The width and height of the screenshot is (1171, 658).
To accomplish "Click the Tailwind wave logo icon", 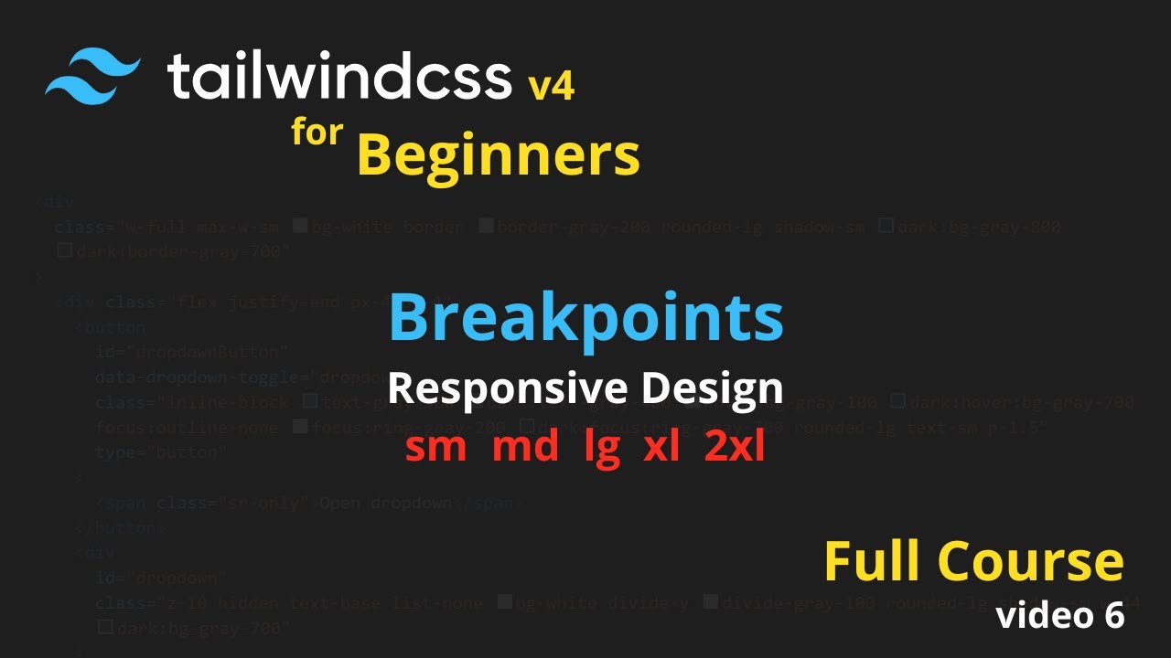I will click(93, 77).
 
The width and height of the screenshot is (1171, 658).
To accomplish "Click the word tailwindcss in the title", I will click(338, 77).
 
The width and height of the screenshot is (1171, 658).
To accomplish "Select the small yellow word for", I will click(317, 133).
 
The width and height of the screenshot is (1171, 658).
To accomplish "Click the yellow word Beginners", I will click(499, 155).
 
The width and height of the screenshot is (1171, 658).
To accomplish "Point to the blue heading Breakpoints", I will click(585, 318).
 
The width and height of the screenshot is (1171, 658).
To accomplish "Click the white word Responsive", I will click(507, 388).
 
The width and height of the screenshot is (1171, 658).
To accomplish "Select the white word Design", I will click(712, 388).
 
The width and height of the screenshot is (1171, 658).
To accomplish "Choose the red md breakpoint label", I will click(525, 448).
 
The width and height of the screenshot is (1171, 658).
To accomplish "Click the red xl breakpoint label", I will click(661, 448).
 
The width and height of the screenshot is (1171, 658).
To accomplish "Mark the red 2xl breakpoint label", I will click(735, 448).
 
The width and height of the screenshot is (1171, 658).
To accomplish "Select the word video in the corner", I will click(1040, 616).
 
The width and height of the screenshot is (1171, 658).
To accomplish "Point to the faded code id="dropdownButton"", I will click(192, 352).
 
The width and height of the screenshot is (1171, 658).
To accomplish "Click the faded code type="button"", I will click(160, 452).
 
